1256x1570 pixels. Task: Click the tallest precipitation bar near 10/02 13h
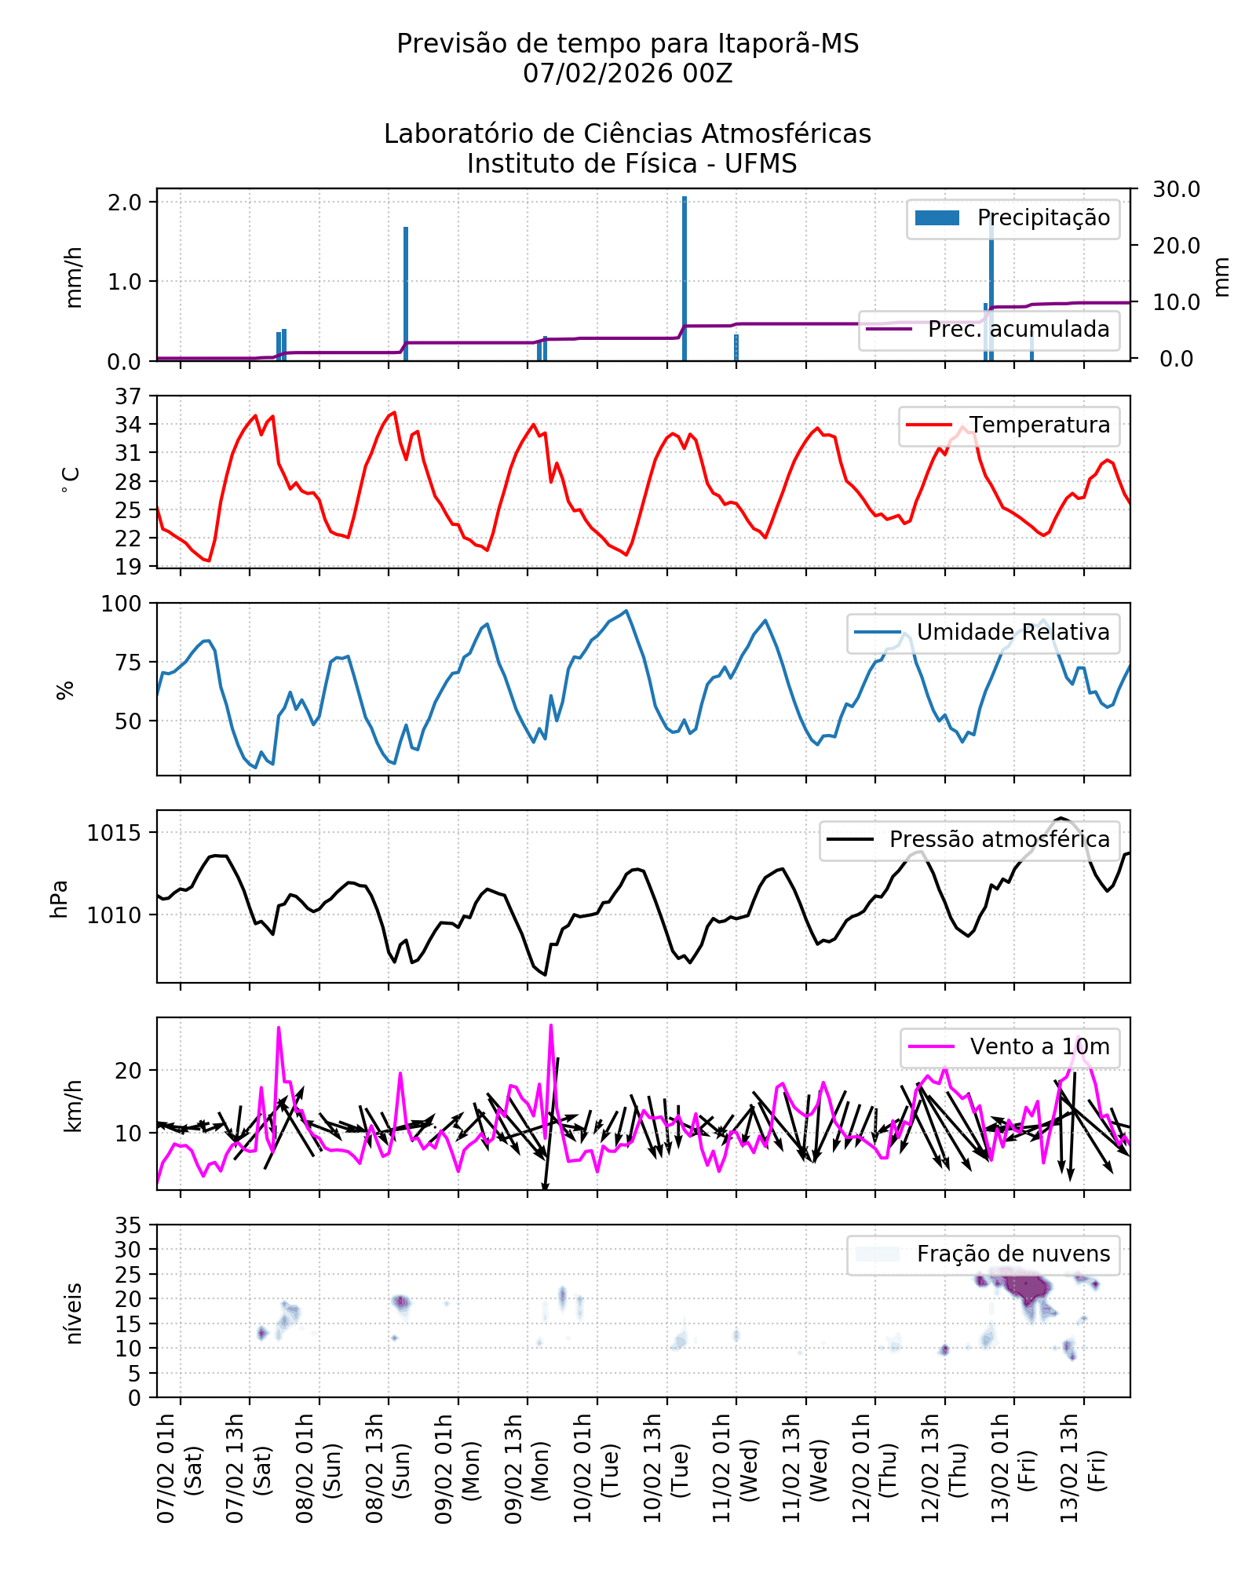(x=685, y=279)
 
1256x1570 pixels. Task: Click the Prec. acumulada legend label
(x=1018, y=330)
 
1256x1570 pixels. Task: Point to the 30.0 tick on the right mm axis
(x=1176, y=189)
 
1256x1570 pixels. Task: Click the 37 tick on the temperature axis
(x=128, y=396)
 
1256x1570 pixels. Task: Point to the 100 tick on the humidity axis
(x=121, y=604)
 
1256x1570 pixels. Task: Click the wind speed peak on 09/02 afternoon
(x=551, y=1026)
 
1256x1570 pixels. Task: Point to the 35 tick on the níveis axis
(x=128, y=1225)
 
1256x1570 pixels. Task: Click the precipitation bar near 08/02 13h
(x=406, y=294)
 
